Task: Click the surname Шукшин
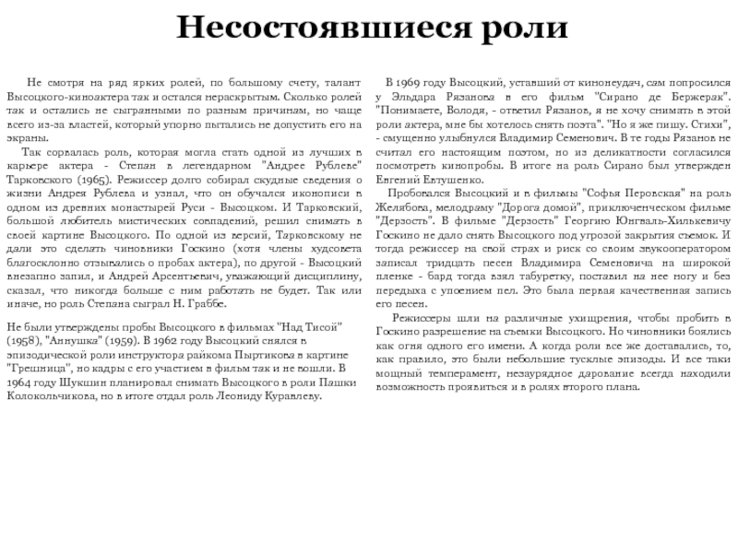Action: (x=92, y=382)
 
